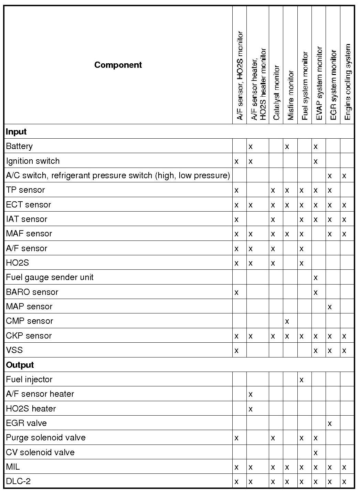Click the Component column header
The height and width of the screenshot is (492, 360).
tap(118, 65)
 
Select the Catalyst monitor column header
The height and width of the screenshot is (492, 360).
tap(276, 92)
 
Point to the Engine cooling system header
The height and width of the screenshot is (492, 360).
tap(347, 82)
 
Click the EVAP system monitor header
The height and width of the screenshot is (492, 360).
tap(319, 84)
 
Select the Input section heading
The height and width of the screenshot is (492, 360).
tap(16, 132)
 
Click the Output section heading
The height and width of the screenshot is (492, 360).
tap(20, 365)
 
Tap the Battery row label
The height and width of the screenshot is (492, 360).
tap(19, 146)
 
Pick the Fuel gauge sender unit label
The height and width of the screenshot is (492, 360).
tap(50, 277)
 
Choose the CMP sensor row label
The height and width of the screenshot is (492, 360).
tap(30, 321)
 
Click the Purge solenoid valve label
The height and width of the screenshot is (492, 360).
tap(46, 438)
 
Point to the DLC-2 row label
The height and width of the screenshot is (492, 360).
tap(18, 481)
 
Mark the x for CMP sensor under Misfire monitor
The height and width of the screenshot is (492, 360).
tap(287, 321)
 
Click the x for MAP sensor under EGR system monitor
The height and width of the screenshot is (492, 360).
tap(330, 307)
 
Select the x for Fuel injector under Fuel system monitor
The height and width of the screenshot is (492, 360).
tap(301, 380)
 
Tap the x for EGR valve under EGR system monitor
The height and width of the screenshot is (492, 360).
tap(330, 424)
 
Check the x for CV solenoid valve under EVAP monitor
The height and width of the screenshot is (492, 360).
tap(316, 453)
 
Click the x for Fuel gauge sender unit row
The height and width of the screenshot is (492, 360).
tap(316, 278)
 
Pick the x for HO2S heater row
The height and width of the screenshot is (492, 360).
tap(251, 409)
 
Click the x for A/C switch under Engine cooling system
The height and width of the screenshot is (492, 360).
tap(344, 176)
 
